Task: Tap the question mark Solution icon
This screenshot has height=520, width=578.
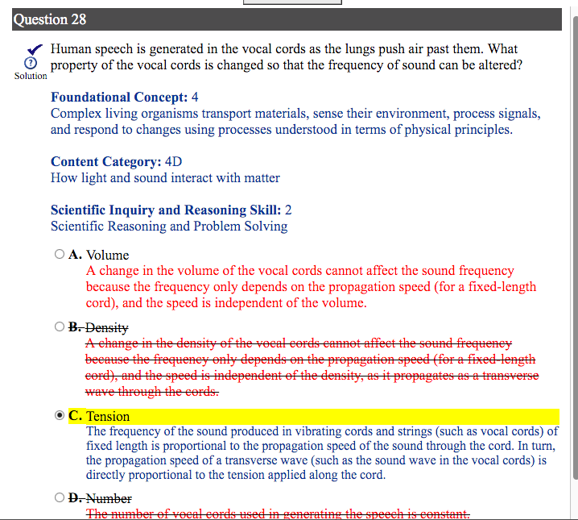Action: point(30,64)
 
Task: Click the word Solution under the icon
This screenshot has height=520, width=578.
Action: point(31,76)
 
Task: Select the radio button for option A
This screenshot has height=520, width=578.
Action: point(60,255)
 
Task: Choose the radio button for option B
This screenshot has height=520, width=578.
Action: point(60,327)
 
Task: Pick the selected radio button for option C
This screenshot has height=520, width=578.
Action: point(60,416)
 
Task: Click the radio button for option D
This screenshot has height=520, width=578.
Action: point(60,498)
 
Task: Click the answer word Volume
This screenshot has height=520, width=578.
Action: point(107,255)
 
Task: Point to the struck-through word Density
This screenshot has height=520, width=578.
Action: point(107,327)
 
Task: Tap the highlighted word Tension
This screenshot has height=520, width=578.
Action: point(108,416)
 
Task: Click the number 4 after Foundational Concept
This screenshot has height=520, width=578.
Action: point(196,98)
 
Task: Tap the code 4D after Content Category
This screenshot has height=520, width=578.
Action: point(172,161)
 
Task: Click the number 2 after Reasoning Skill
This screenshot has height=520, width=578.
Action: point(288,210)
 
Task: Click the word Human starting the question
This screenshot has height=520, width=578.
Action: point(71,49)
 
